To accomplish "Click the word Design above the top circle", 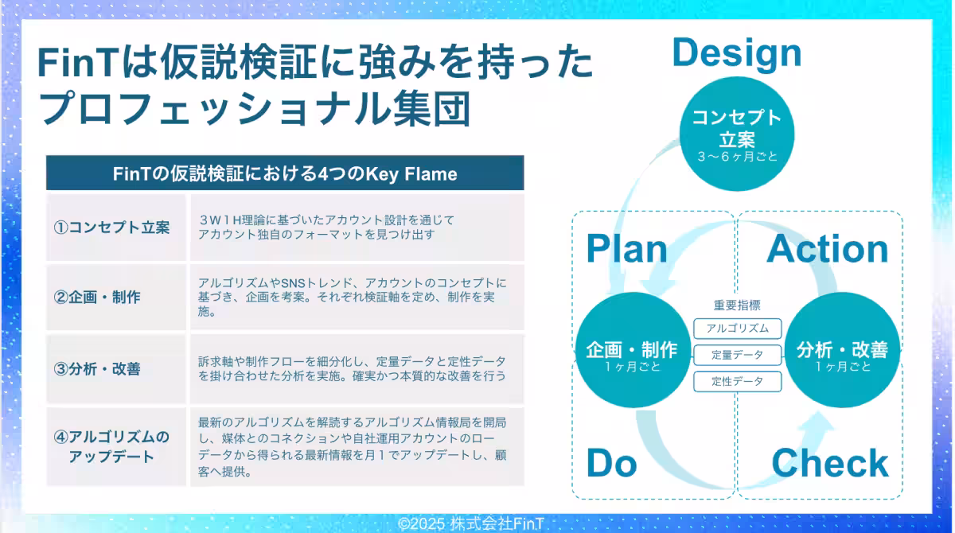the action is [x=737, y=53].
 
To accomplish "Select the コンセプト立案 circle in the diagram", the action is [x=737, y=134].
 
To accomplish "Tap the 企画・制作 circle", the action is [x=633, y=350].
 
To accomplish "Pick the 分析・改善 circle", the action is [x=842, y=350].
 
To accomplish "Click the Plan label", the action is [x=627, y=249].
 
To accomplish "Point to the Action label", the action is [x=828, y=249].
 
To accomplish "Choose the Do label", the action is [x=611, y=463].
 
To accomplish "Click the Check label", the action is [x=830, y=463].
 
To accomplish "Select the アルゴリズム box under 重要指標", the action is [x=737, y=329].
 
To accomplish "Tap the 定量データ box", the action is [x=737, y=355].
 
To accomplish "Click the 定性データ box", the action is [x=737, y=381].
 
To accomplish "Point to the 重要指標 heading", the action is [x=737, y=305].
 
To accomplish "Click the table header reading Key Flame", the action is [x=285, y=173].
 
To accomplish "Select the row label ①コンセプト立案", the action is [x=111, y=227].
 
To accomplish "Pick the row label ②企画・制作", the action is [x=97, y=297].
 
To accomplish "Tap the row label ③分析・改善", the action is [x=97, y=368].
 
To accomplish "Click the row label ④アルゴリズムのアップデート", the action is [x=111, y=446].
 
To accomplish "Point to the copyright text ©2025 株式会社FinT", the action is [x=470, y=523].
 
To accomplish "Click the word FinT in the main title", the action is [x=78, y=63].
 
